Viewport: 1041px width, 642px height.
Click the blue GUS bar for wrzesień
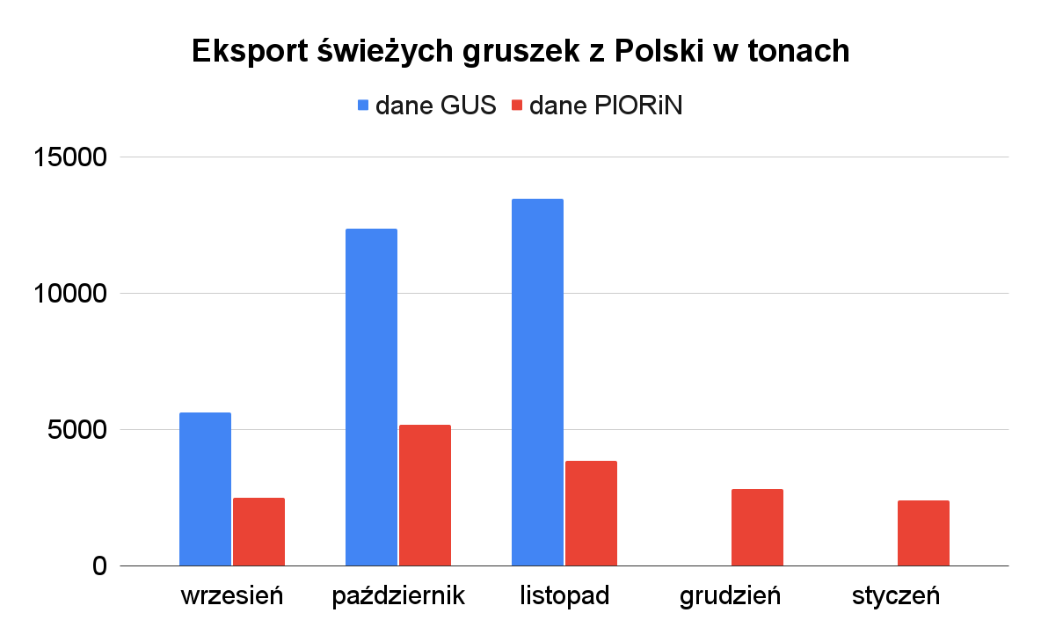205,489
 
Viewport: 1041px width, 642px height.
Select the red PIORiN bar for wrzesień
258,531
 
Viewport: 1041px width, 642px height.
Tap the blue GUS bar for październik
371,397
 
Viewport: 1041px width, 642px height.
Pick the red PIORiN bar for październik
425,495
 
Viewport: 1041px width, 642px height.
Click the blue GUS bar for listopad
537,382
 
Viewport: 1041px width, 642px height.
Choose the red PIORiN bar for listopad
591,513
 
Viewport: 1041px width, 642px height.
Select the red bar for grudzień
757,527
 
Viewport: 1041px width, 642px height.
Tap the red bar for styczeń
923,533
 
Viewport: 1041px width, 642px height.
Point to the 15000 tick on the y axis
70,157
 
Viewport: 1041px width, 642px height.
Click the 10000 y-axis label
70,294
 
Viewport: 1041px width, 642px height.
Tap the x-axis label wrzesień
232,596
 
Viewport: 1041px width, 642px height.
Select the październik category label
398,596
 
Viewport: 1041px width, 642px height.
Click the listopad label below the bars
564,596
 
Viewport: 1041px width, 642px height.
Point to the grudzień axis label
731,596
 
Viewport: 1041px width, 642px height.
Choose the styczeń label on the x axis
896,596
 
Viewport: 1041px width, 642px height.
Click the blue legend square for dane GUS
362,106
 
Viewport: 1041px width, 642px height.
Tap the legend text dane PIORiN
606,106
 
